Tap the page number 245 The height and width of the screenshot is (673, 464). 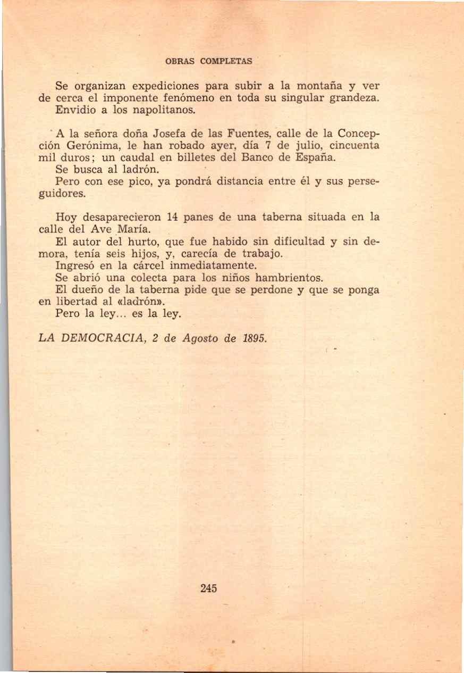pyautogui.click(x=209, y=588)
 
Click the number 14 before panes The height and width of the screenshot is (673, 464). pyautogui.click(x=171, y=217)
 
